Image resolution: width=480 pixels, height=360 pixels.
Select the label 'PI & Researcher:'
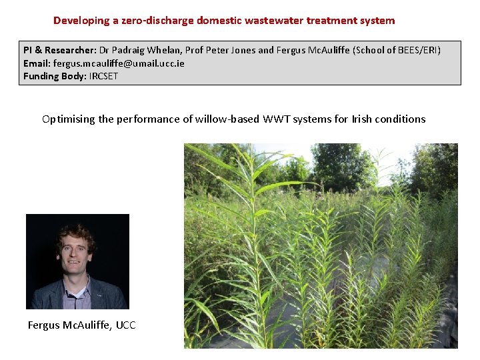tap(61, 51)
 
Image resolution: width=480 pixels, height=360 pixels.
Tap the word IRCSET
tap(104, 76)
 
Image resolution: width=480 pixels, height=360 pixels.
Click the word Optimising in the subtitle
tap(68, 119)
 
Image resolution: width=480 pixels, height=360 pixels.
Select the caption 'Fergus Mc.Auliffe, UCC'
tap(81, 325)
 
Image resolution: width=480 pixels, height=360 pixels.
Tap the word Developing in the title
tap(81, 21)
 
